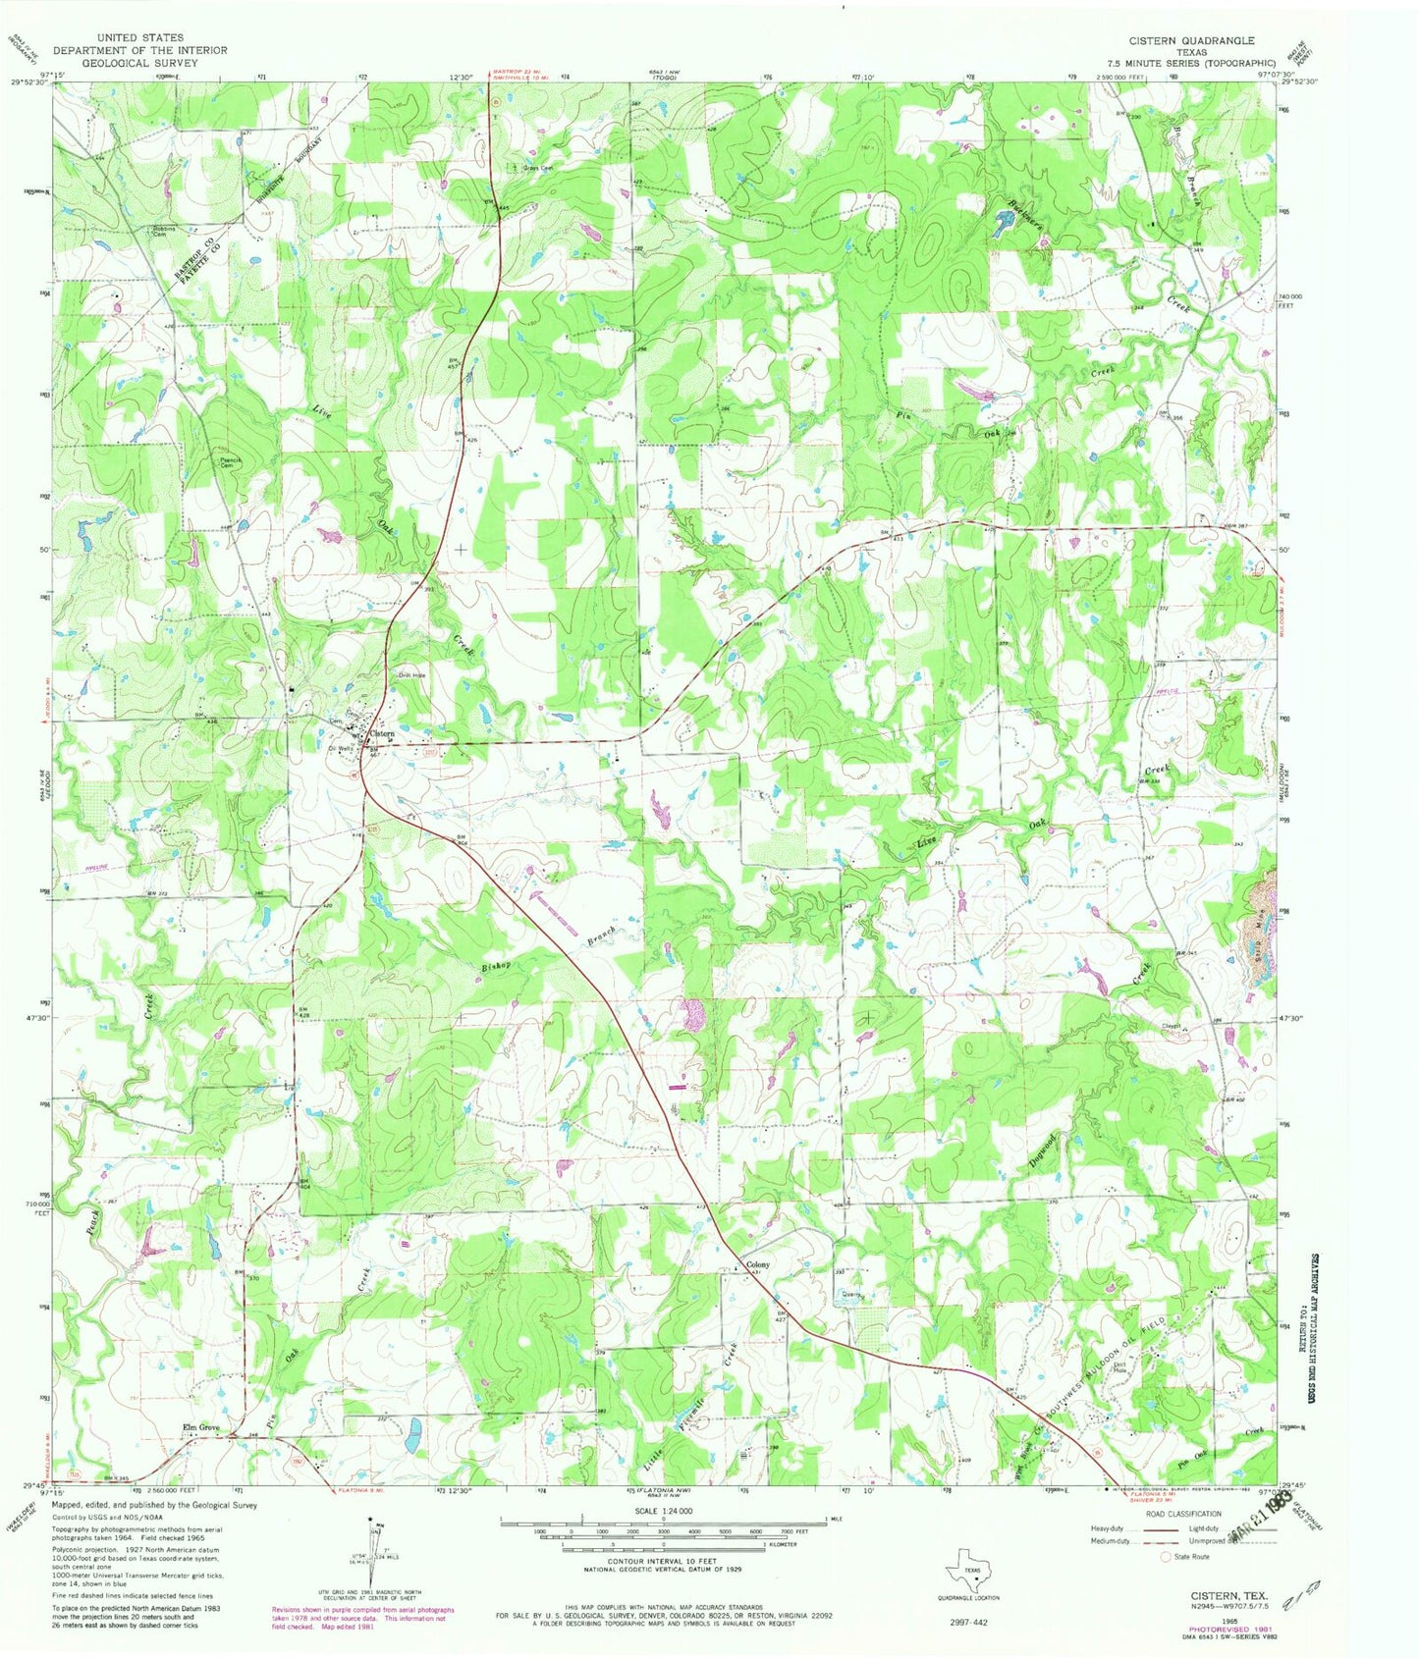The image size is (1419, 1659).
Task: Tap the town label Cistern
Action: (x=383, y=733)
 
